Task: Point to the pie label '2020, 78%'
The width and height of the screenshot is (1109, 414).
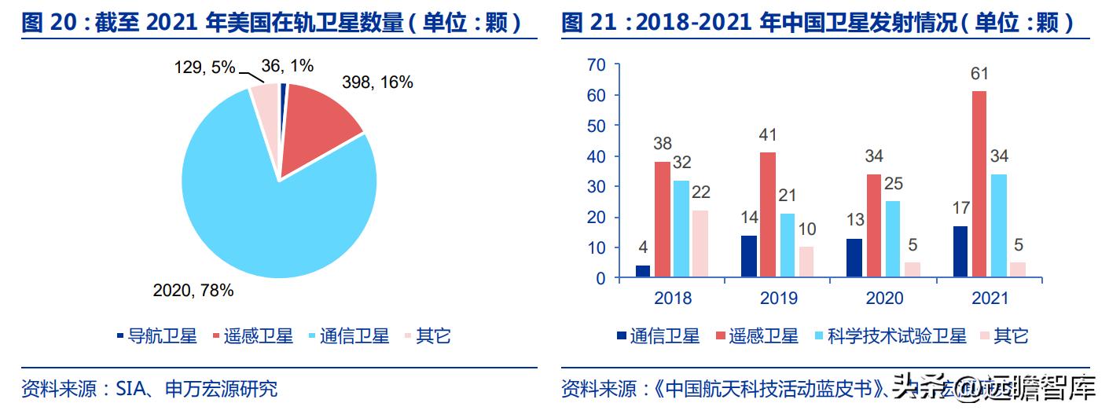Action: click(193, 291)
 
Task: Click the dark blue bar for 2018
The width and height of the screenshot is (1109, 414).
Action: click(643, 271)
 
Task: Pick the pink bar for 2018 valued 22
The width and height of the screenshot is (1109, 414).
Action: click(700, 244)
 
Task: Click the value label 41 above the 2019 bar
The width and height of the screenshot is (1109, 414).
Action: click(768, 135)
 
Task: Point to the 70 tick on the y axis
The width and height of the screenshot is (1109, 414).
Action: click(597, 64)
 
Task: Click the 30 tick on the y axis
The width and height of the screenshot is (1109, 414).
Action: click(597, 186)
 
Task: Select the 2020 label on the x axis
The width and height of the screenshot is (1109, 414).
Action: click(884, 298)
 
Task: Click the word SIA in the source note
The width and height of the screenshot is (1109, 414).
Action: click(129, 388)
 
